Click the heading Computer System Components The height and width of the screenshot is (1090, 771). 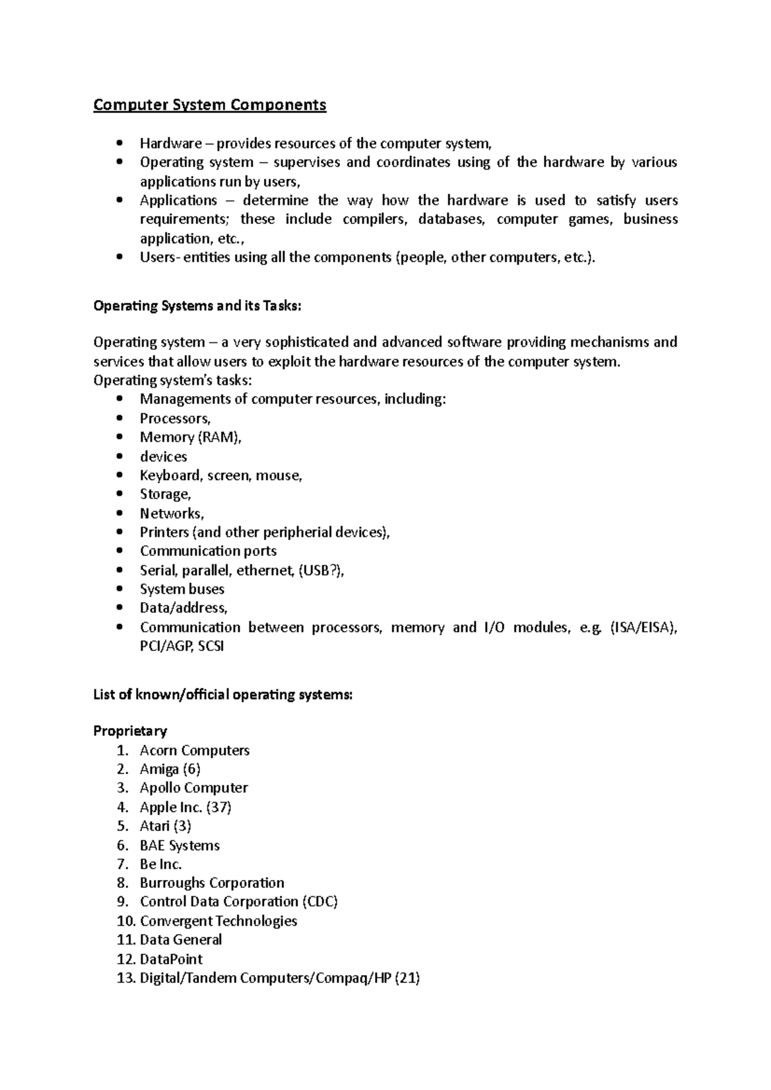[x=209, y=105]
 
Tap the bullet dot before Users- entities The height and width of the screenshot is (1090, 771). [x=120, y=257]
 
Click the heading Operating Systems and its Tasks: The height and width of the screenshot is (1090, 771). [x=197, y=306]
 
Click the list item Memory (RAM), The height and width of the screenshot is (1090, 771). [x=190, y=437]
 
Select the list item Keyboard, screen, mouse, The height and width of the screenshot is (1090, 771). [x=220, y=476]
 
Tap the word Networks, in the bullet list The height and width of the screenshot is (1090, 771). [x=172, y=514]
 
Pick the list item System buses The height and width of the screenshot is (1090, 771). [x=182, y=589]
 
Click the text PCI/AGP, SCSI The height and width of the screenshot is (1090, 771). [x=182, y=646]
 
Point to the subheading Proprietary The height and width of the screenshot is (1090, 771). [x=130, y=731]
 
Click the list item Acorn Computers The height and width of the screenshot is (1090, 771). [x=195, y=750]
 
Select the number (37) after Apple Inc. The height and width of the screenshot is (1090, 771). [x=219, y=808]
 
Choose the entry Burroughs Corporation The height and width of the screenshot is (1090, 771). [x=212, y=883]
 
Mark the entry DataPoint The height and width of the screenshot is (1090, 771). [x=171, y=959]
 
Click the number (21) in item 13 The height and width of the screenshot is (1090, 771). [x=407, y=978]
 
